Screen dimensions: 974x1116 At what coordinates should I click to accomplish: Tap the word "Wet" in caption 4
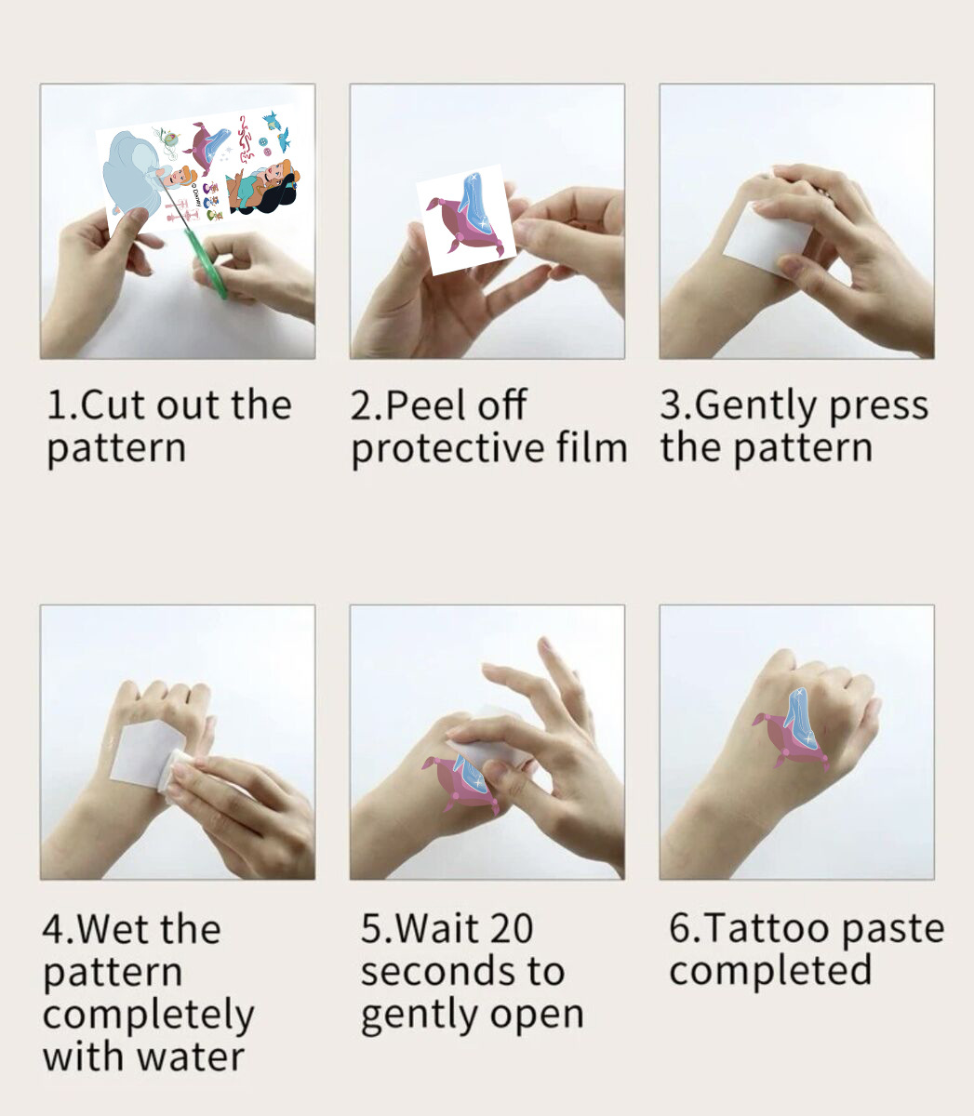tap(113, 929)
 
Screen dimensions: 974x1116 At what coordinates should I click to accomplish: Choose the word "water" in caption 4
tap(190, 1058)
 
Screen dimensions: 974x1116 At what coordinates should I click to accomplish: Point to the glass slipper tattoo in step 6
tap(799, 716)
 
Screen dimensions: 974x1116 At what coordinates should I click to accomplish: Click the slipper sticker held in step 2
tap(467, 219)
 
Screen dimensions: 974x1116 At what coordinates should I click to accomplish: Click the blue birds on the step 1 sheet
tap(277, 130)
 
